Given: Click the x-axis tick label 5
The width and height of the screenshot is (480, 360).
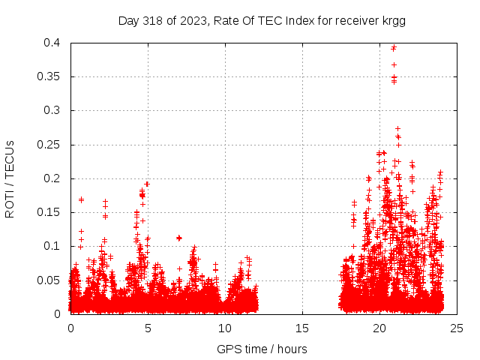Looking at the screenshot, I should pyautogui.click(x=148, y=328).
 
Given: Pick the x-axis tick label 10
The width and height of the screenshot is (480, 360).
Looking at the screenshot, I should pyautogui.click(x=225, y=328).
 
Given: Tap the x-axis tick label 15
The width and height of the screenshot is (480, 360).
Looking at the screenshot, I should pyautogui.click(x=302, y=328).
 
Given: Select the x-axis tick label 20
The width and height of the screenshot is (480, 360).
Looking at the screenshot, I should pyautogui.click(x=379, y=328).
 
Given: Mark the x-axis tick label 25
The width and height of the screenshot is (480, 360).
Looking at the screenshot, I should pyautogui.click(x=457, y=328).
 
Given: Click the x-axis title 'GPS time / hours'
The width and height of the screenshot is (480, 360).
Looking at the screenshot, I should pyautogui.click(x=262, y=349).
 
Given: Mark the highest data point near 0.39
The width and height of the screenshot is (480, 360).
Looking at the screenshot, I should pyautogui.click(x=394, y=47).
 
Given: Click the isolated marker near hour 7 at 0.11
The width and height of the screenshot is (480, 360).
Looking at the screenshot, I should pyautogui.click(x=178, y=238).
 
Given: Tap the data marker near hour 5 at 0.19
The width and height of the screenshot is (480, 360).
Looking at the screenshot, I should pyautogui.click(x=147, y=184).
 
